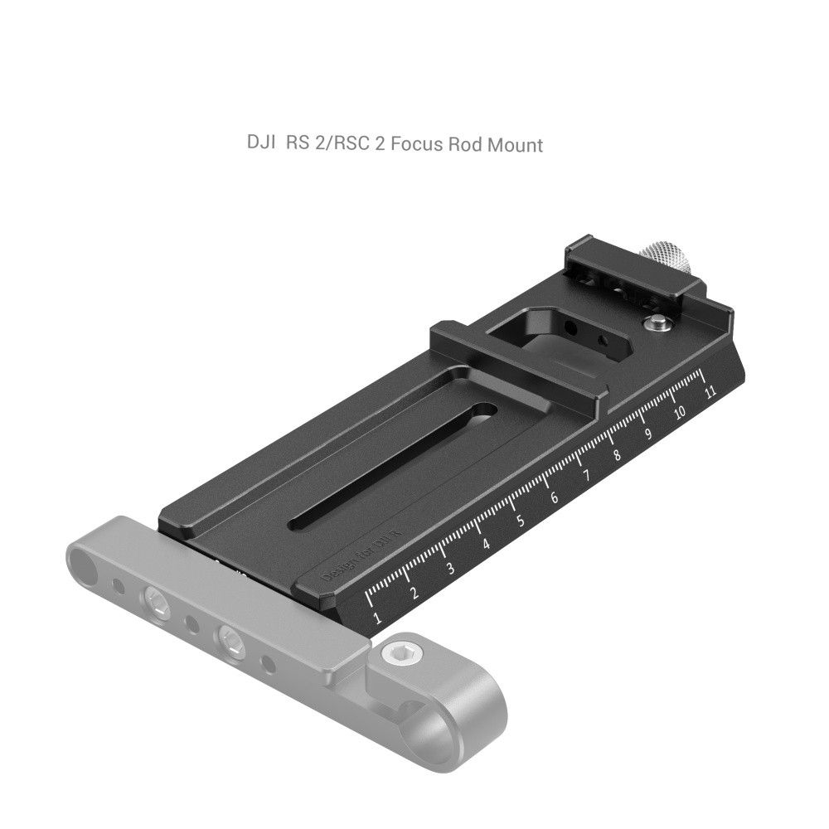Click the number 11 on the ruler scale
(x=710, y=393)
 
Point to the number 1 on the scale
(x=377, y=618)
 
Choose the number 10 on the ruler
(x=680, y=413)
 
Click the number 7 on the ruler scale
(x=586, y=477)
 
